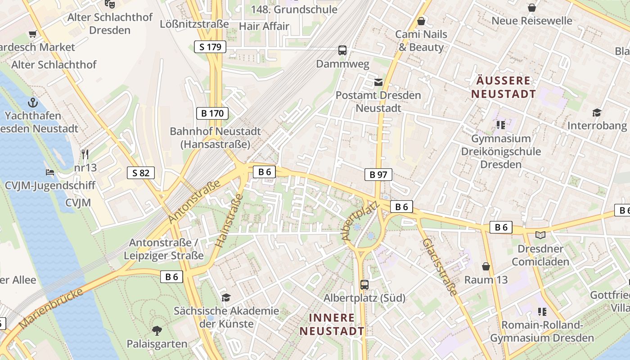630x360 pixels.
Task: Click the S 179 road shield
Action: pos(210,46)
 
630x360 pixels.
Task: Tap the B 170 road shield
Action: pos(212,113)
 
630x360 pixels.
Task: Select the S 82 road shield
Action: pos(141,172)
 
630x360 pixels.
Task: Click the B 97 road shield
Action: pos(378,175)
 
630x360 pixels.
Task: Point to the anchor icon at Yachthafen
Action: pos(33,103)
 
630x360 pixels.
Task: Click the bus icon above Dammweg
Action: pos(342,50)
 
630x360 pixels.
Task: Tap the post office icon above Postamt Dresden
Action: pos(378,82)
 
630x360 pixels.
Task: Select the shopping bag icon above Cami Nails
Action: pos(421,21)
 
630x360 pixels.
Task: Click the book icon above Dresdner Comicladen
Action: pos(540,235)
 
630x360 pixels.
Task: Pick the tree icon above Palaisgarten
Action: pos(157,331)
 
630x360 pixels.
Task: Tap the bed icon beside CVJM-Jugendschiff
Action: pos(49,172)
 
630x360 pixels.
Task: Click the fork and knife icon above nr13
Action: pos(85,154)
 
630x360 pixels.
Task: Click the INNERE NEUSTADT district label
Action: pos(332,324)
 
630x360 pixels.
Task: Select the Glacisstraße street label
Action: pos(440,267)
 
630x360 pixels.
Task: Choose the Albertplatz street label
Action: pos(360,220)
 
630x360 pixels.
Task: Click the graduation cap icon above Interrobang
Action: pos(597,112)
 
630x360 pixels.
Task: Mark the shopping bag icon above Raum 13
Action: pos(486,266)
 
